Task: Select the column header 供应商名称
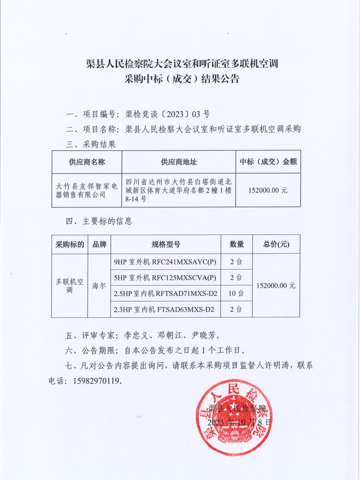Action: tap(87, 162)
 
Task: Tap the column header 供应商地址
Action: tap(179, 162)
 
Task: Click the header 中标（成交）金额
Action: tap(268, 162)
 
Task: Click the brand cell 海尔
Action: tap(99, 285)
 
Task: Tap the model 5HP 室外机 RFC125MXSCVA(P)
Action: tap(165, 277)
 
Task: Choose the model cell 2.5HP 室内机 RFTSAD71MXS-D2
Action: tap(165, 293)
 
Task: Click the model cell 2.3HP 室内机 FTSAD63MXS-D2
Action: tap(165, 309)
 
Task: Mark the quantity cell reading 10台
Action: tap(236, 293)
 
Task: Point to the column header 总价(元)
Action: tap(276, 244)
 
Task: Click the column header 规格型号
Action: tap(165, 244)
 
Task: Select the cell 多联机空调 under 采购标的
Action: tap(69, 285)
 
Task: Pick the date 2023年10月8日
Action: tap(240, 422)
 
